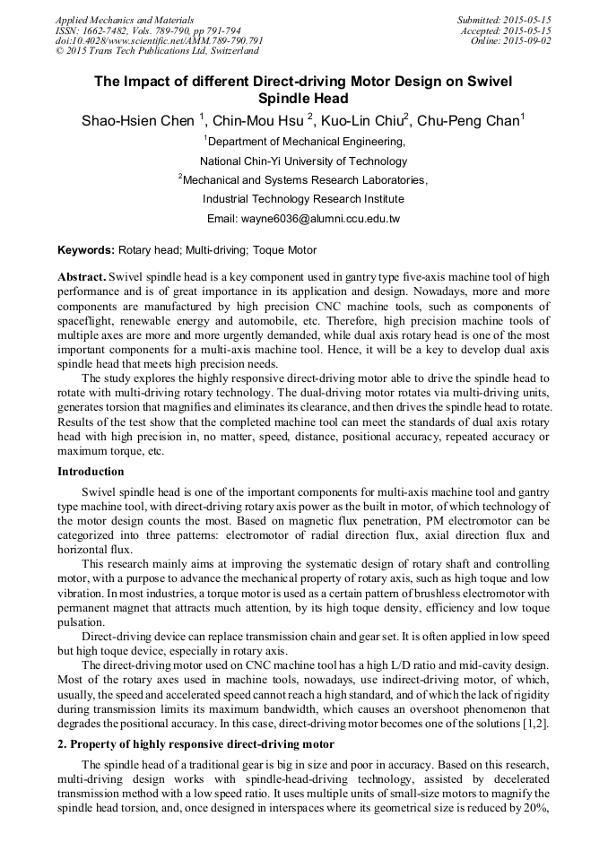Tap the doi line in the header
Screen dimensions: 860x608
(159, 41)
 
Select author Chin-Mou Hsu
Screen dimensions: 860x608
(263, 120)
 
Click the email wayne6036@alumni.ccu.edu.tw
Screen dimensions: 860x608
(303, 218)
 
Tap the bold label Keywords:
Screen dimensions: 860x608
(86, 250)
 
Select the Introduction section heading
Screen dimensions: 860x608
(91, 472)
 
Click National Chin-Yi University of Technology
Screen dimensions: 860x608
(303, 161)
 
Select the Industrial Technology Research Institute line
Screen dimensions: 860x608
(303, 199)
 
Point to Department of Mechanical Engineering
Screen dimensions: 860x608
(305, 141)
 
